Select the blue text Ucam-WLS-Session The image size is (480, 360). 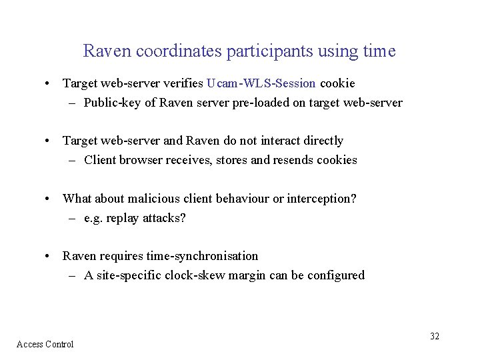(261, 83)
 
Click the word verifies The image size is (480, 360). (181, 83)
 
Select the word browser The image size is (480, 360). (146, 160)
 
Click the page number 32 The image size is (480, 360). (435, 336)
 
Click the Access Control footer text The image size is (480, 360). (45, 344)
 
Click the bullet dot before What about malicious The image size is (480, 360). (49, 199)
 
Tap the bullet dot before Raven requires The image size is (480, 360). (49, 257)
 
